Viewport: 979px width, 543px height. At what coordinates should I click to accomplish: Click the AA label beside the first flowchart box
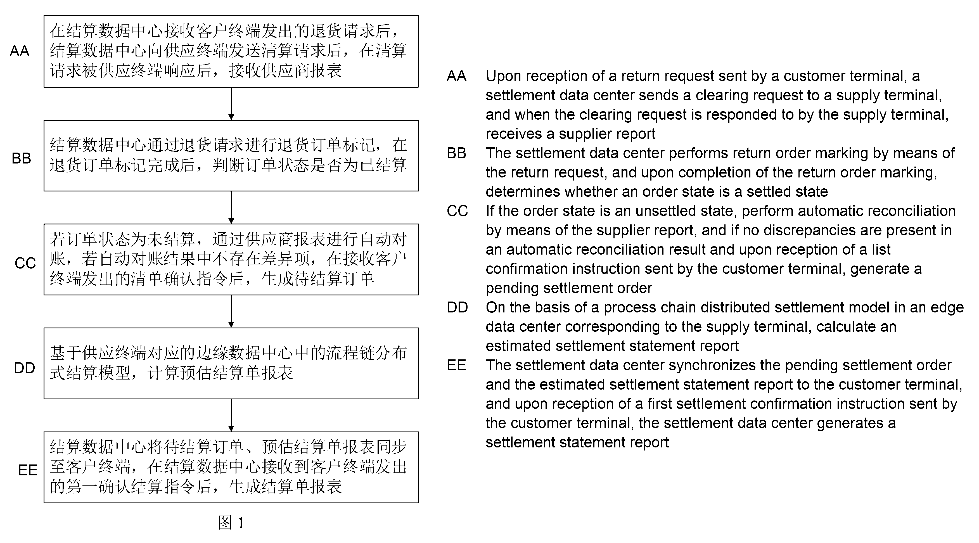click(x=19, y=51)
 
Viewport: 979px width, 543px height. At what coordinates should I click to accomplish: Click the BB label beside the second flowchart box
click(x=21, y=158)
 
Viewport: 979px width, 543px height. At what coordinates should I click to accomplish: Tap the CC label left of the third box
click(x=25, y=263)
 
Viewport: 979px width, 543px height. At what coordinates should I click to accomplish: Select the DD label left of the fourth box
click(x=24, y=368)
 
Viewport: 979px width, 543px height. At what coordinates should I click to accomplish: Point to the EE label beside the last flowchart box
click(x=28, y=470)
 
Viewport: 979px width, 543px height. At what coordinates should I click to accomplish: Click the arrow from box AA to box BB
click(x=231, y=104)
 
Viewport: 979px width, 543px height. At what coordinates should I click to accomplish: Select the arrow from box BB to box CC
click(x=231, y=207)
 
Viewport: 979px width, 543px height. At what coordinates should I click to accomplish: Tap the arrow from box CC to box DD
click(x=231, y=312)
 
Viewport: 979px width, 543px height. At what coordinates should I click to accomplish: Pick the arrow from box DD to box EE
click(x=231, y=415)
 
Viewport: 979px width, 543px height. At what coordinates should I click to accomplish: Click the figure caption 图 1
click(x=231, y=523)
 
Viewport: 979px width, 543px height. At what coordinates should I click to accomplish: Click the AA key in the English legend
click(x=456, y=76)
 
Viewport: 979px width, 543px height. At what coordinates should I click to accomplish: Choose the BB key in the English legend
click(x=456, y=153)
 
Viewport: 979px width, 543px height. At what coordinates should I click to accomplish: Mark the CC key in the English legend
click(x=457, y=211)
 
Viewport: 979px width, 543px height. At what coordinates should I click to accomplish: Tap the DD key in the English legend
click(x=457, y=307)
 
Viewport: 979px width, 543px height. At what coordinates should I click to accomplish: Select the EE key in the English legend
click(x=456, y=365)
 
